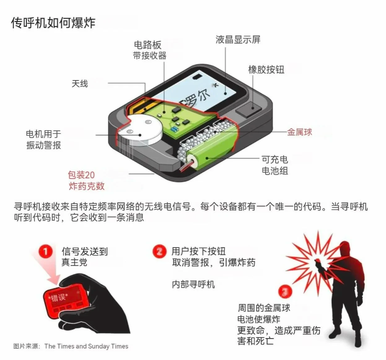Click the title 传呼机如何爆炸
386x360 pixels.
(x=53, y=23)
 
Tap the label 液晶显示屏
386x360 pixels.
(x=238, y=39)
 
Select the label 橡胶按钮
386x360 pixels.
(x=266, y=70)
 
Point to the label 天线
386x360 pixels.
(x=80, y=84)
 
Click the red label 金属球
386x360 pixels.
(x=300, y=132)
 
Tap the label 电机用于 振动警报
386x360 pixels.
(x=44, y=140)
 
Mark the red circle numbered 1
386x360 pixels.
(x=46, y=252)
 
